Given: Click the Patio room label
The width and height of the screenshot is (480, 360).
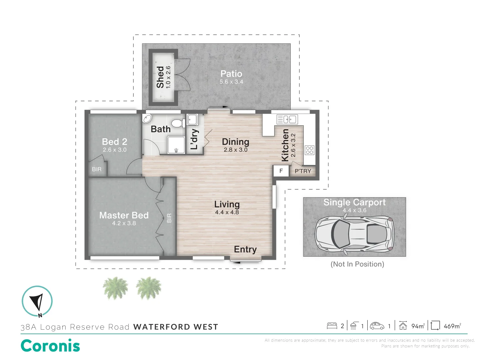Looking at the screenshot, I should (x=231, y=74).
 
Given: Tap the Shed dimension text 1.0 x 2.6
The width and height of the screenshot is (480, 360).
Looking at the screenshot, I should (x=168, y=77).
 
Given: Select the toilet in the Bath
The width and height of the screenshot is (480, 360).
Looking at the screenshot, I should (x=178, y=123).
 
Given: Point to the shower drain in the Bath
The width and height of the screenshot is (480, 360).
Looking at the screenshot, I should (x=176, y=150).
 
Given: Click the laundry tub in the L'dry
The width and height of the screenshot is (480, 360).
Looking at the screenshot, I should (x=192, y=119).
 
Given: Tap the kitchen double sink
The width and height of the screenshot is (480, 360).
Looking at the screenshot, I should (x=287, y=119).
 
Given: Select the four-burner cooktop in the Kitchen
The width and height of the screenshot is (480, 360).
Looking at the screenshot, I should (x=309, y=150).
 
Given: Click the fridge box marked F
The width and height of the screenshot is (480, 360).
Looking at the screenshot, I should (x=281, y=171).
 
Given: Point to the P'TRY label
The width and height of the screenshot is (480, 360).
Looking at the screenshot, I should (x=303, y=171).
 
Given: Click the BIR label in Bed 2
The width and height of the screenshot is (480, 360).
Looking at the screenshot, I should (x=97, y=169).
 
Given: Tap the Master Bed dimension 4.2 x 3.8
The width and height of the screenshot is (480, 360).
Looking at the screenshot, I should (x=124, y=223).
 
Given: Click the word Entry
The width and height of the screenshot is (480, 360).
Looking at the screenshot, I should (x=245, y=249).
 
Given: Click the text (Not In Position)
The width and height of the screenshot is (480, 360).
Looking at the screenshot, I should (x=357, y=264).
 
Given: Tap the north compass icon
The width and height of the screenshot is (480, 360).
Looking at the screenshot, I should (x=37, y=301).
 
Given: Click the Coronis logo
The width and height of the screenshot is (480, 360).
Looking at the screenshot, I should (x=50, y=346).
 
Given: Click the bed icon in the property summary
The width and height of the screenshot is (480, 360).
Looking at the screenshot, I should (x=332, y=326).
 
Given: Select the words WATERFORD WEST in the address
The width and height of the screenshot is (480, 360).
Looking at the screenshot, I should (x=176, y=327).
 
